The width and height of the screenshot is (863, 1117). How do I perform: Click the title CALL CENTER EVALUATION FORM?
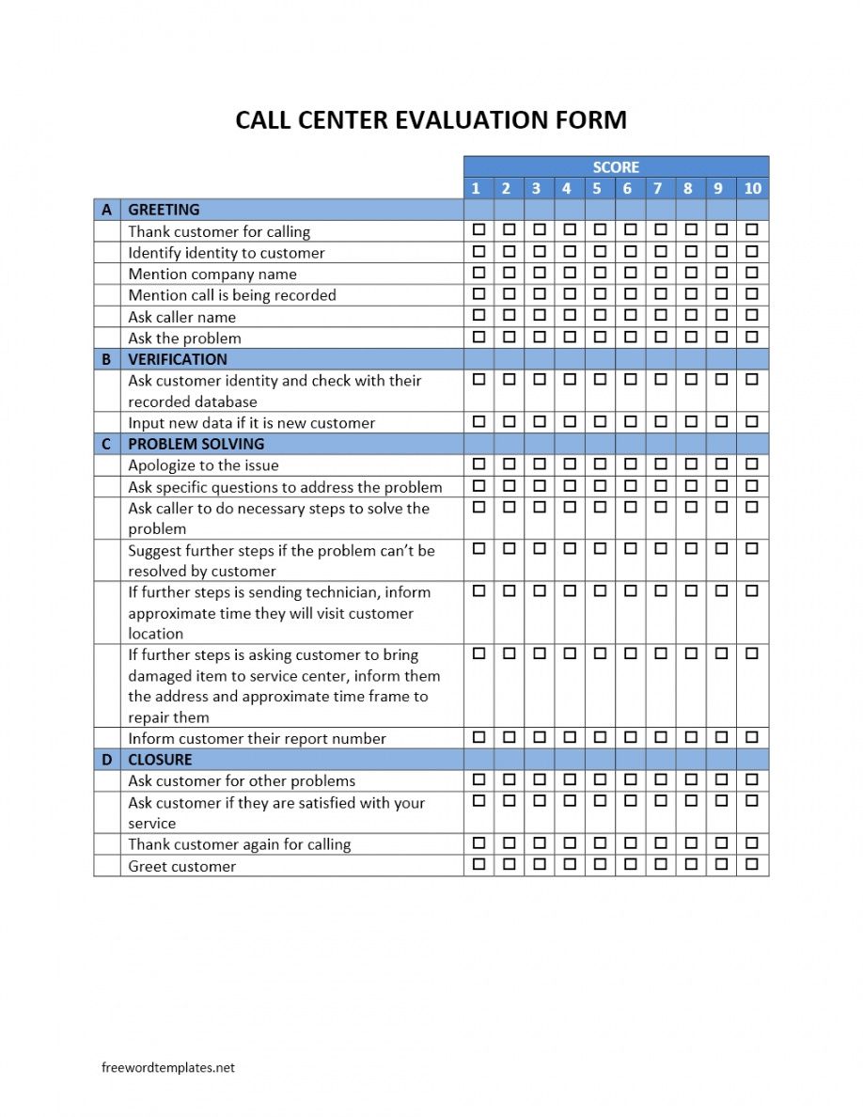pos(431,120)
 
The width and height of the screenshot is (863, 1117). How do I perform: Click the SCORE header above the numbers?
pos(616,166)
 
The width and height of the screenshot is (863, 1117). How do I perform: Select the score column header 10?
pos(752,188)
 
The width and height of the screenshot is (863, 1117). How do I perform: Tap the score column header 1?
pos(476,188)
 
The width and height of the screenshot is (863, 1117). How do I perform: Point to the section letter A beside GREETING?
pos(106,210)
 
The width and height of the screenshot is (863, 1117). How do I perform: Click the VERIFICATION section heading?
pos(178,359)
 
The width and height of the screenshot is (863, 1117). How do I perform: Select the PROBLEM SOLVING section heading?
pos(196,444)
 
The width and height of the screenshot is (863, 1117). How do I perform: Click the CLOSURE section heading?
pos(160,760)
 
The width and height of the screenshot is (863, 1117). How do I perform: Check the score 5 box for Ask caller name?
pos(600,315)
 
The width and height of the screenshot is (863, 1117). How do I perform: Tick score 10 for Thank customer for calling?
pos(752,229)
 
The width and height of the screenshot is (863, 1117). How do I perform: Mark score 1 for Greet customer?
pos(479,863)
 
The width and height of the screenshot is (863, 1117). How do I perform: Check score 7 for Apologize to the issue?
pos(661,464)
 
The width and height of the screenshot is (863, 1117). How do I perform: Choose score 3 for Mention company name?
pos(540,273)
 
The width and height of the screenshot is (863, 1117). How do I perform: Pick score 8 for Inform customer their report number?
pos(691,737)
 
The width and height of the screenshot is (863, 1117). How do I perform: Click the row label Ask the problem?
pos(184,338)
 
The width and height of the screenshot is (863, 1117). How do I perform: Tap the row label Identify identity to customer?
pos(227,253)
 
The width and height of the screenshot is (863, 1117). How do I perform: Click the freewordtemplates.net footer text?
pos(168,1067)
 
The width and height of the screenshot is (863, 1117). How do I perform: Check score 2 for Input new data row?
pos(509,421)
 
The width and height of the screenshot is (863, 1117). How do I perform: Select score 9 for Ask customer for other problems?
pos(721,779)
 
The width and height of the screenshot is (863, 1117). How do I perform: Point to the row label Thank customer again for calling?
pos(239,844)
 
